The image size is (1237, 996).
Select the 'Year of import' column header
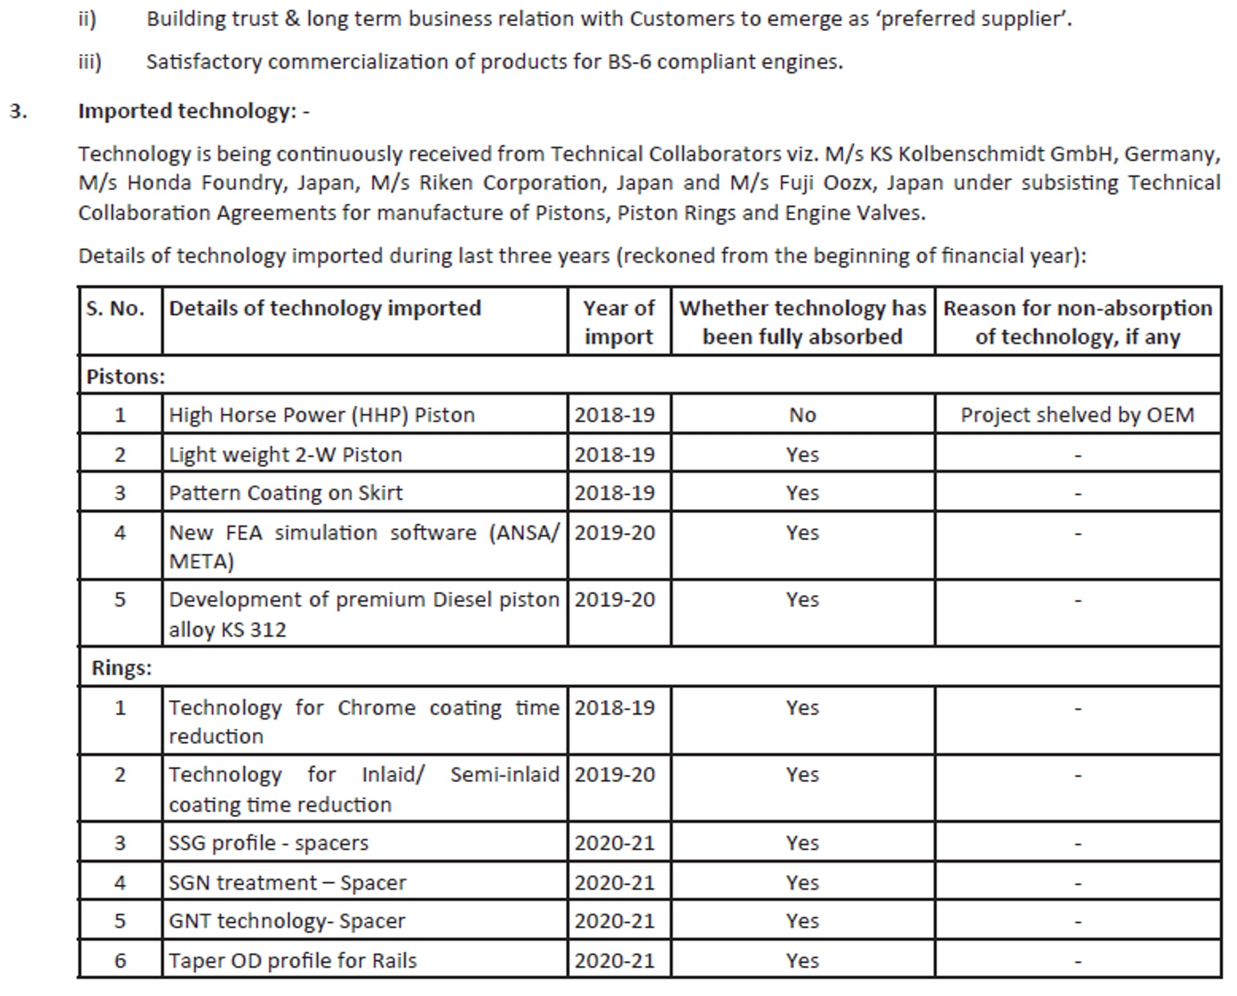(618, 322)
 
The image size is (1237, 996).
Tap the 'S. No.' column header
(116, 308)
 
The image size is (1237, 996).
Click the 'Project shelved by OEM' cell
(1077, 415)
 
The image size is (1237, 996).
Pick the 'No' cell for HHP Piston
(802, 415)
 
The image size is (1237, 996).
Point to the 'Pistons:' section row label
(126, 376)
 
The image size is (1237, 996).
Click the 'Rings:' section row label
(122, 668)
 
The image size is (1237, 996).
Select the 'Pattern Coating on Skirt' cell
(285, 493)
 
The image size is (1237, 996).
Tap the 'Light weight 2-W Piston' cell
(285, 454)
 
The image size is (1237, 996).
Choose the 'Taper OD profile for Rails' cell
(292, 961)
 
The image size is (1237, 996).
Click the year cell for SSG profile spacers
(615, 843)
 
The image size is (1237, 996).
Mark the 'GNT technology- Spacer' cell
(287, 921)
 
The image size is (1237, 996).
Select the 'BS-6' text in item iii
(629, 62)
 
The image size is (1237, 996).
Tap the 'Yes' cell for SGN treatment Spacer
(802, 883)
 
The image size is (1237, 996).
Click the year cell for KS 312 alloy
(615, 600)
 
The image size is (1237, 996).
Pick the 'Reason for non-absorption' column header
(1077, 322)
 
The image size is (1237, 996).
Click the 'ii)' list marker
(87, 19)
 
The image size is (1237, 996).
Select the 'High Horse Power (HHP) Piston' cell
(321, 415)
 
